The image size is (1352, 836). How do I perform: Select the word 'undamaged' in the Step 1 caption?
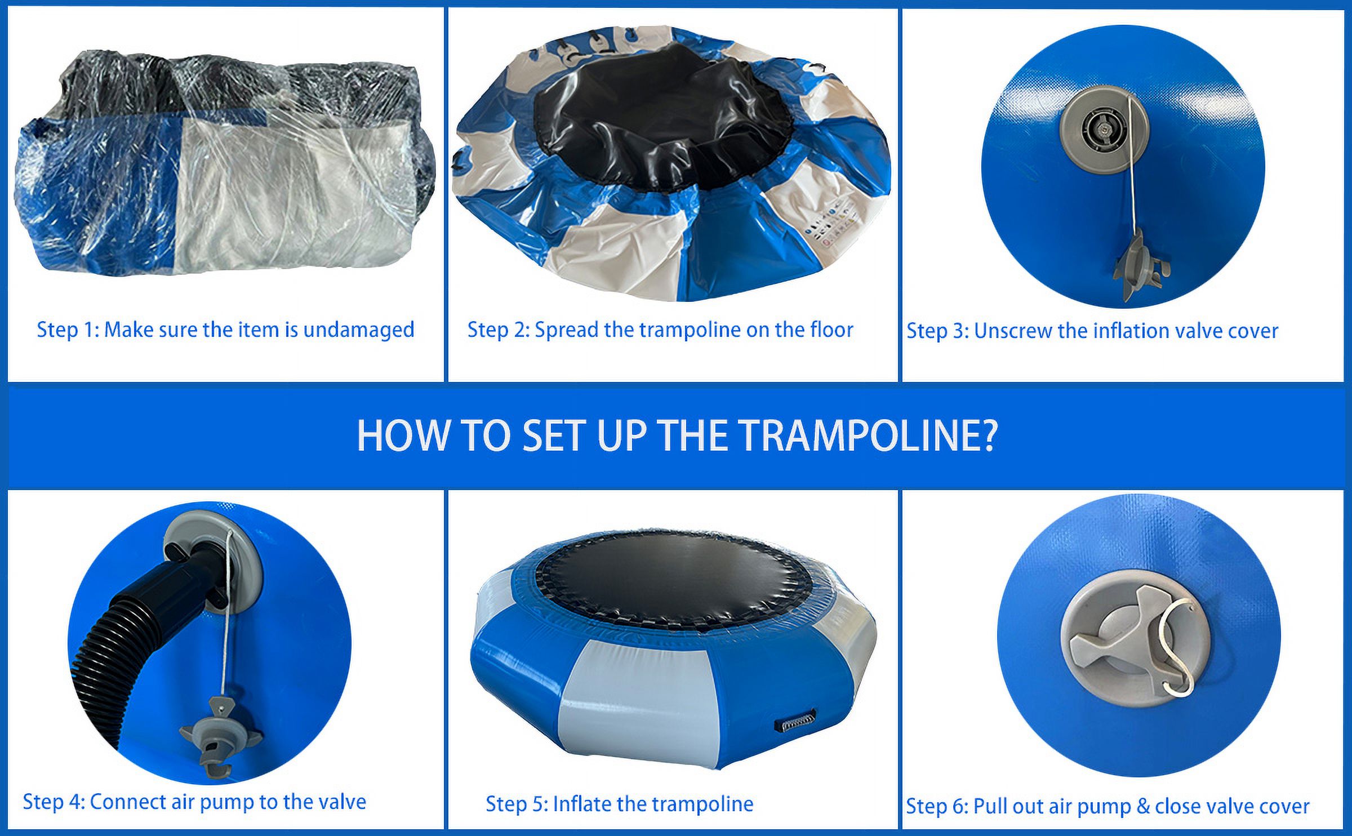tap(358, 330)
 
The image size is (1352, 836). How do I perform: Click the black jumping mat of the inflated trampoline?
tap(670, 575)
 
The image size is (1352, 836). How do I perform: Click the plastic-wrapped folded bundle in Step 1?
tap(225, 163)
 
